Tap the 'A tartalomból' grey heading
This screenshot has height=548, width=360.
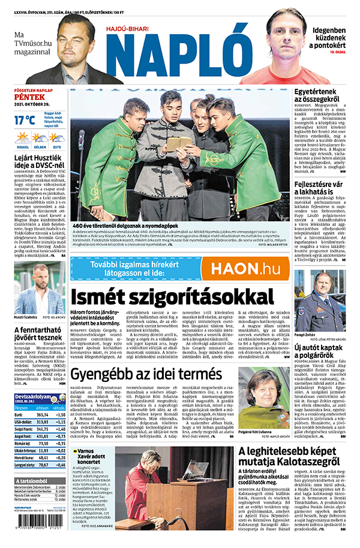coord(31,481)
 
